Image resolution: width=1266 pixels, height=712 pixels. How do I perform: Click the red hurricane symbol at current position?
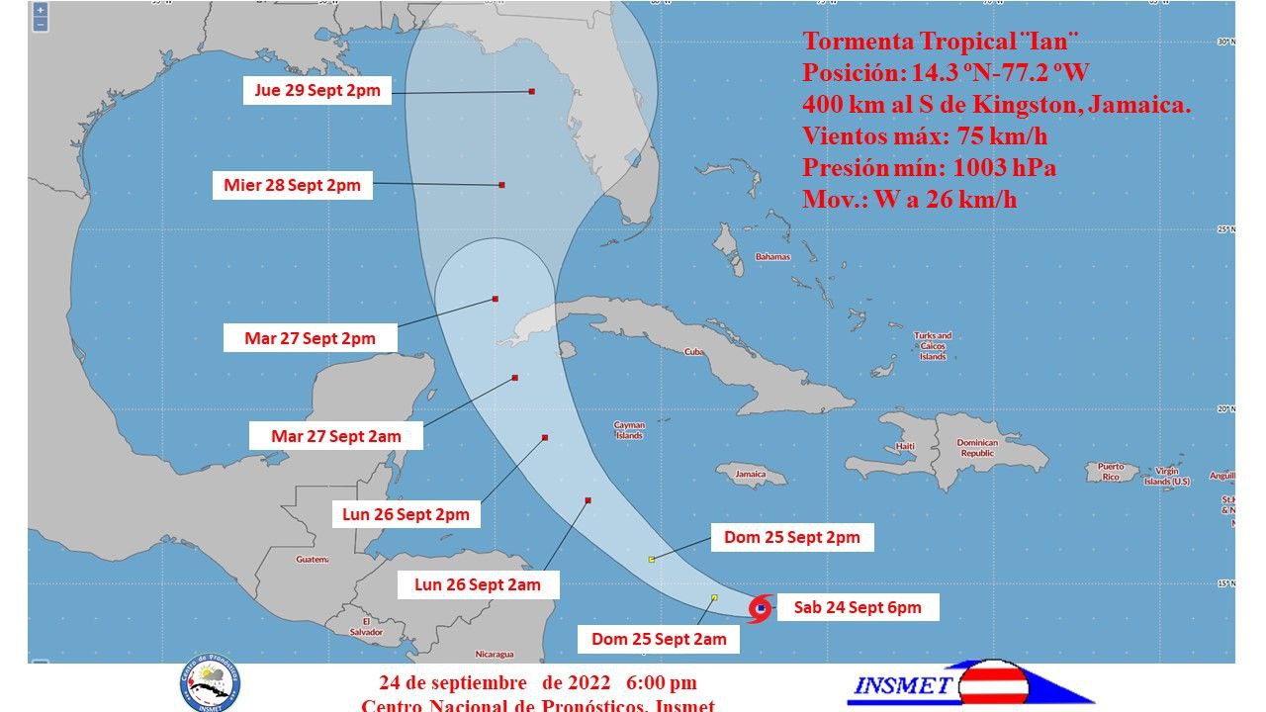[760, 609]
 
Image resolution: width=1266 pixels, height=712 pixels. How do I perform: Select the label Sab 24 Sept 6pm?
[857, 607]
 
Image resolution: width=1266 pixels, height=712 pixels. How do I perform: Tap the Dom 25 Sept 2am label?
[659, 639]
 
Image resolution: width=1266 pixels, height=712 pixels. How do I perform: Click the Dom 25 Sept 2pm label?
[791, 537]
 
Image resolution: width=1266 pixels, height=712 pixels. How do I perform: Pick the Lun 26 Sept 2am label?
[477, 584]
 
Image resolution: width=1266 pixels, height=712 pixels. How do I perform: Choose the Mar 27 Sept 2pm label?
[310, 338]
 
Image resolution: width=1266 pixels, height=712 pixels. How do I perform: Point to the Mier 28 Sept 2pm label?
[292, 185]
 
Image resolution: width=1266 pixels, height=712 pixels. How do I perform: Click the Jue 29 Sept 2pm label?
[317, 91]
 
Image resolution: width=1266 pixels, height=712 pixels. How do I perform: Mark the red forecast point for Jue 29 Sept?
[532, 91]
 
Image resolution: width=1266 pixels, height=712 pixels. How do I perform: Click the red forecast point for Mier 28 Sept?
[502, 185]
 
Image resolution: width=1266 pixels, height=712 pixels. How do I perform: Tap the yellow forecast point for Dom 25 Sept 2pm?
[651, 560]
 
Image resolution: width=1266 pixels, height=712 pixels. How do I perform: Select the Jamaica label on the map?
[751, 474]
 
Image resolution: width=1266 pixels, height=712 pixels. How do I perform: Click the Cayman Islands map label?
[629, 430]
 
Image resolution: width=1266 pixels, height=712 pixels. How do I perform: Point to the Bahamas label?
[772, 257]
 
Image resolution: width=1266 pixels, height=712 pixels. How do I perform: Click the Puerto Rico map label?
[1111, 472]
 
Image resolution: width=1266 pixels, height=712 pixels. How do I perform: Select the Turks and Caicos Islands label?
[933, 346]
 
